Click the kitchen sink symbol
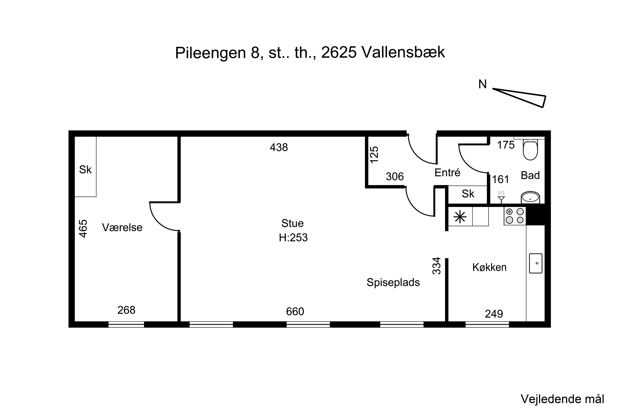[x=535, y=264]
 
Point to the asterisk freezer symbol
[x=460, y=217]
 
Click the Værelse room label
[x=122, y=228]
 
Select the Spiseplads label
[x=393, y=282]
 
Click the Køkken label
[x=489, y=267]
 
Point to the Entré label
[x=447, y=173]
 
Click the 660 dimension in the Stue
[x=295, y=311]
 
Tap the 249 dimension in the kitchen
[x=494, y=314]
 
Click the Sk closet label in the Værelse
[x=85, y=169]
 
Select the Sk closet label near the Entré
[x=468, y=194]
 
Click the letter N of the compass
[x=482, y=84]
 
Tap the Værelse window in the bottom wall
[x=126, y=324]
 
